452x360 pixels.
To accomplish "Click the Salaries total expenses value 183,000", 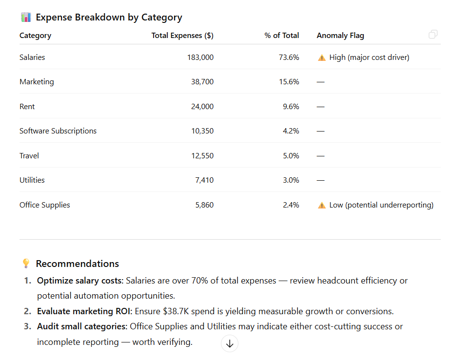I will pos(200,57).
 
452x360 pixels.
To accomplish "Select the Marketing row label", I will pos(37,82).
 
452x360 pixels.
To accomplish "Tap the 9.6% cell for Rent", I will pos(291,107).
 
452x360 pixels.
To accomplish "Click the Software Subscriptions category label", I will pos(58,131).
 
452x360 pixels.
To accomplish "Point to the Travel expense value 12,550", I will pos(202,156).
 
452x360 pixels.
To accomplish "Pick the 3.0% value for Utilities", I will pos(291,180).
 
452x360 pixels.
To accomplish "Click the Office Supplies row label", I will pos(45,205).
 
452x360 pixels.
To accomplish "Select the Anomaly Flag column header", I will pos(340,36).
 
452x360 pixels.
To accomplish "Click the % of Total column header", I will pos(282,36).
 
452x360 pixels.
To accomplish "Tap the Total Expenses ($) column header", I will pos(182,36).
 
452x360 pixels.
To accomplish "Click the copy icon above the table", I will pos(432,35).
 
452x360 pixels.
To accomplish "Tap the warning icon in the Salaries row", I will pos(321,58).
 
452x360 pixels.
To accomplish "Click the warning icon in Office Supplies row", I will pos(321,206).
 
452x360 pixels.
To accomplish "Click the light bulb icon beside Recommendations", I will pos(26,264).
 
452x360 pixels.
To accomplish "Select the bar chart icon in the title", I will pos(26,18).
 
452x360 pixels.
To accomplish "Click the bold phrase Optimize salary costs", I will pos(80,281).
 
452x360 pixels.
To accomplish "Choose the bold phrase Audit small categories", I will pos(82,326).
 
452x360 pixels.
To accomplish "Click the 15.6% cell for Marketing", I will pos(289,82).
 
